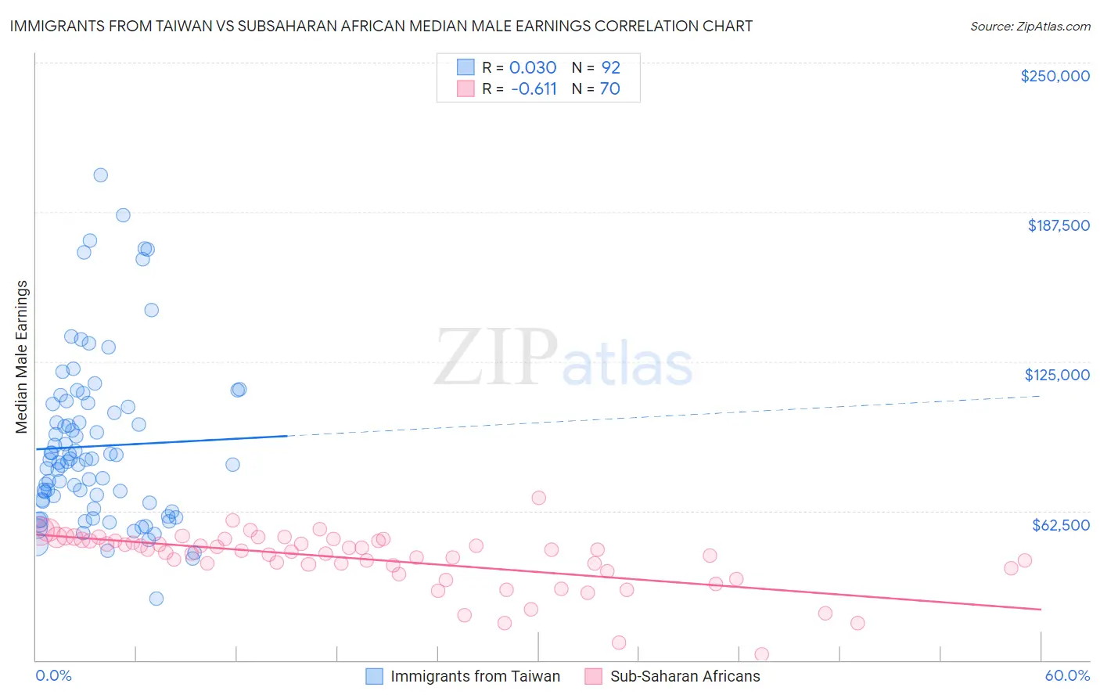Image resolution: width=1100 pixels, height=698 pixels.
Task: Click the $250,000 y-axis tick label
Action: pos(1055,76)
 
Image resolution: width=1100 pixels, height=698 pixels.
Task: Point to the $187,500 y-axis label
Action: pos(1059,225)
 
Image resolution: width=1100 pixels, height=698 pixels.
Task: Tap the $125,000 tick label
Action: pos(1057,375)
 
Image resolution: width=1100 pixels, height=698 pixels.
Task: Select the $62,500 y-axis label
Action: pos(1061,525)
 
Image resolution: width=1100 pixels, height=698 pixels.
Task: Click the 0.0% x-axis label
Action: pos(53,675)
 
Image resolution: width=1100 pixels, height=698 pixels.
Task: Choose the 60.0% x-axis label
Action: pos(1067,675)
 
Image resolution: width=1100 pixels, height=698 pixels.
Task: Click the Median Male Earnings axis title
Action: pos(22,357)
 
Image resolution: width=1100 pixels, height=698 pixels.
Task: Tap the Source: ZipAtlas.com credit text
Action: pos(1030,26)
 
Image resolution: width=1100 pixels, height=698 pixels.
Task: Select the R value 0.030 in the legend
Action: pos(533,67)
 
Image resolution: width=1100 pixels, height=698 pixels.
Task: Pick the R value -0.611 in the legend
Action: pos(534,88)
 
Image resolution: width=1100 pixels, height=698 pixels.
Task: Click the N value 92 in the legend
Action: pos(610,67)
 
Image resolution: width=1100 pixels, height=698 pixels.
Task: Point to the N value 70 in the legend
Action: pos(609,88)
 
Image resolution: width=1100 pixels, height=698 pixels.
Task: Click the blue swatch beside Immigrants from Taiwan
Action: pos(375,676)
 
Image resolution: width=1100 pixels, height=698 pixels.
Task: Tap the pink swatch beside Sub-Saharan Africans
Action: pos(594,676)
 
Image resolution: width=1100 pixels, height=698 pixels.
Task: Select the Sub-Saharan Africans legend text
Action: pos(685,676)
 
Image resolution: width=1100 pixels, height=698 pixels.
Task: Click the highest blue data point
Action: pos(100,175)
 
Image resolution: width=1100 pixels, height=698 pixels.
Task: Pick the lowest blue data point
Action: pos(156,599)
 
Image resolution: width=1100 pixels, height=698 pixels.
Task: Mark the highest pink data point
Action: pos(538,498)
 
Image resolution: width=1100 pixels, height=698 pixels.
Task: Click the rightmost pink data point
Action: pos(1025,560)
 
